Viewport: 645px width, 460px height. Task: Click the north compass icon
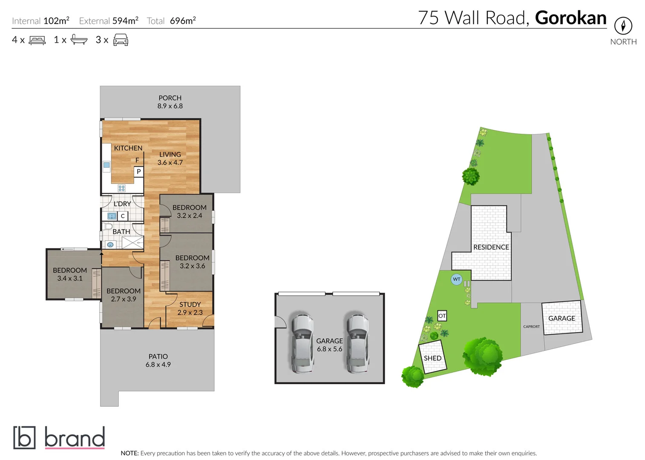pyautogui.click(x=623, y=26)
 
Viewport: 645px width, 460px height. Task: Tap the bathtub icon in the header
pyautogui.click(x=79, y=40)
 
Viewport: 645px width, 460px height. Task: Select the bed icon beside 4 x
pyautogui.click(x=37, y=40)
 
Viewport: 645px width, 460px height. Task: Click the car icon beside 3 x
pyautogui.click(x=121, y=40)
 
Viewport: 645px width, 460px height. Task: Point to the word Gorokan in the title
pyautogui.click(x=570, y=18)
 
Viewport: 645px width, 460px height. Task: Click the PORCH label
pyautogui.click(x=170, y=98)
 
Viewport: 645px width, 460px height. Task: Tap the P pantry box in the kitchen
pyautogui.click(x=138, y=172)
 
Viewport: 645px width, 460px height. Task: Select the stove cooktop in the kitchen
pyautogui.click(x=121, y=188)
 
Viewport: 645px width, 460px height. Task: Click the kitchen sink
pyautogui.click(x=107, y=165)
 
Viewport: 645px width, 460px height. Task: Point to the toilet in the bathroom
pyautogui.click(x=107, y=226)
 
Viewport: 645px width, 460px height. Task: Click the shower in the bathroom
pyautogui.click(x=132, y=243)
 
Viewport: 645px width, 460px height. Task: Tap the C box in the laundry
pyautogui.click(x=123, y=216)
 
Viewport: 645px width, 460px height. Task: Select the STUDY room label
pyautogui.click(x=190, y=305)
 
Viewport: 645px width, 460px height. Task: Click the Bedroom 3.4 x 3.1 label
pyautogui.click(x=70, y=274)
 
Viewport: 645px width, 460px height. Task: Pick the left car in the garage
pyautogui.click(x=302, y=343)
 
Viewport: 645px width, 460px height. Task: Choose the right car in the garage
pyautogui.click(x=357, y=343)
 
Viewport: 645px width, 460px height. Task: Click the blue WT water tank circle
pyautogui.click(x=456, y=279)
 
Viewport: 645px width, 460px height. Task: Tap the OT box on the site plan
pyautogui.click(x=442, y=316)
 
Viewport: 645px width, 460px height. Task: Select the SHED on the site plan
pyautogui.click(x=433, y=358)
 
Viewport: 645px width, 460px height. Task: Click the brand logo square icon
pyautogui.click(x=24, y=437)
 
